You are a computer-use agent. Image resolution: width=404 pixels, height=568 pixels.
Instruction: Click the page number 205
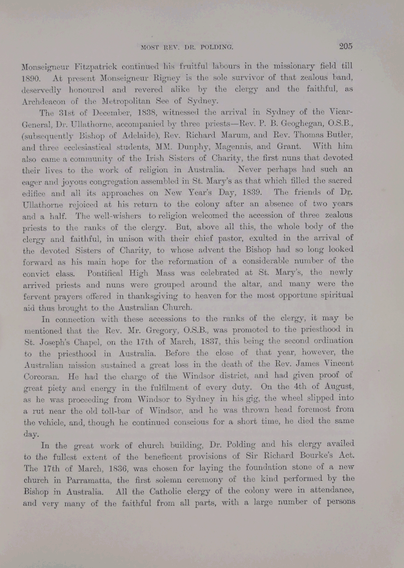[346, 47]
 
